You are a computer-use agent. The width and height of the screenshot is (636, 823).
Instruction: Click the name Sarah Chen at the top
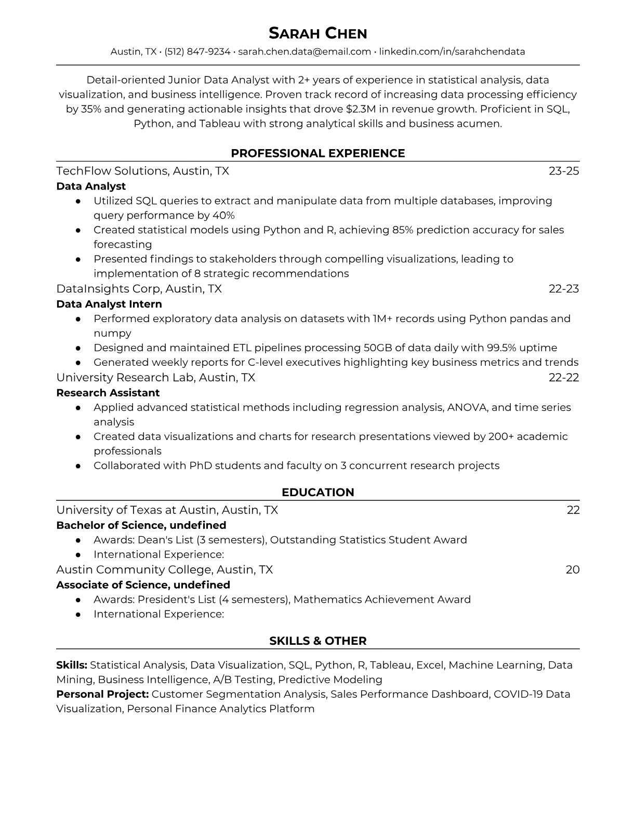pyautogui.click(x=317, y=33)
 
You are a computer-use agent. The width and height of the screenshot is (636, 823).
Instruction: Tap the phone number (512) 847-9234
pyautogui.click(x=197, y=51)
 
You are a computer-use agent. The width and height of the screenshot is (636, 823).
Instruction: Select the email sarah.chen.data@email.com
pyautogui.click(x=304, y=51)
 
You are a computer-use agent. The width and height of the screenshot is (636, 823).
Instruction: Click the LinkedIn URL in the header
pyautogui.click(x=452, y=51)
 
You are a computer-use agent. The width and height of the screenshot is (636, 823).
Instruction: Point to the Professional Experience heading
pyautogui.click(x=317, y=153)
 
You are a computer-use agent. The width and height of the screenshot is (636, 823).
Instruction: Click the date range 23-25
pyautogui.click(x=564, y=171)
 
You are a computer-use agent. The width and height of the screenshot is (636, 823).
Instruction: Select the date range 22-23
pyautogui.click(x=564, y=289)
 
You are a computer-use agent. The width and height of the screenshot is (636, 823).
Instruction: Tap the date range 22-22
pyautogui.click(x=564, y=378)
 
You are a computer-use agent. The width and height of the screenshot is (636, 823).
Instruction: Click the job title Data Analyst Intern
pyautogui.click(x=109, y=304)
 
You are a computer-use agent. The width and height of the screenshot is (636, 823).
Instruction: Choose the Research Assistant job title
pyautogui.click(x=108, y=393)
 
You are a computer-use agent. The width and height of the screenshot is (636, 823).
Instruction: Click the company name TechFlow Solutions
pyautogui.click(x=112, y=171)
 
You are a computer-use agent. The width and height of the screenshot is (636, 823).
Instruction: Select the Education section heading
pyautogui.click(x=317, y=493)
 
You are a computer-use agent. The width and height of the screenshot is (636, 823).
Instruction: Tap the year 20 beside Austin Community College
pyautogui.click(x=572, y=570)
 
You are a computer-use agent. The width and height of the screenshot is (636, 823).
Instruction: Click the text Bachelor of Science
pyautogui.click(x=110, y=525)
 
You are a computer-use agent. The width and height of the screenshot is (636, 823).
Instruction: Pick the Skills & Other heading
pyautogui.click(x=317, y=641)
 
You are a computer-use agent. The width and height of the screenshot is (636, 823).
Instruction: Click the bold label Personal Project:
pyautogui.click(x=102, y=694)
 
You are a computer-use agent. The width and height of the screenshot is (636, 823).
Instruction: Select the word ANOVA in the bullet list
pyautogui.click(x=467, y=407)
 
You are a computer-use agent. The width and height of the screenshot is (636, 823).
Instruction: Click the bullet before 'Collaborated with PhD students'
pyautogui.click(x=78, y=466)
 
